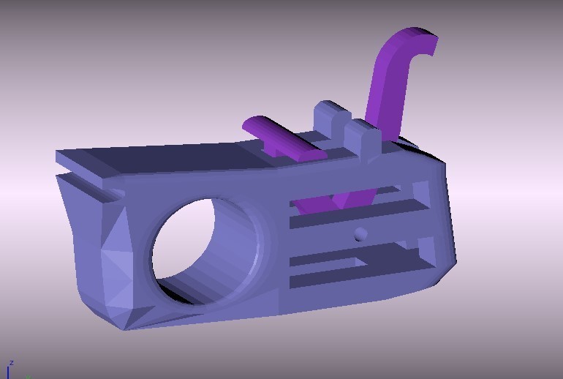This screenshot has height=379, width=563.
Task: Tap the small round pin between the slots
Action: (360, 234)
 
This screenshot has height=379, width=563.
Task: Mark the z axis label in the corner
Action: (11, 363)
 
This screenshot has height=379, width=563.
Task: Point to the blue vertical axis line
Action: (8, 372)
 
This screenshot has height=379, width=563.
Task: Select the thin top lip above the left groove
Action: (88, 164)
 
